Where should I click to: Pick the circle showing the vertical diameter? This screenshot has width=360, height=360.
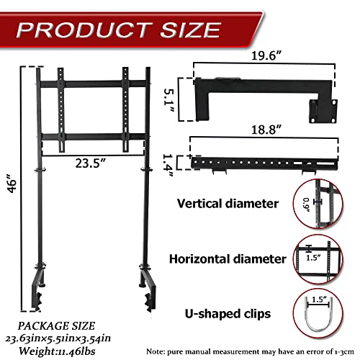tap(318, 204)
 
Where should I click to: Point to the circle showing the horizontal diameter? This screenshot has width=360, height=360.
tap(318, 257)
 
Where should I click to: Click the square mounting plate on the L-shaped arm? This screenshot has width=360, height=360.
tap(320, 108)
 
